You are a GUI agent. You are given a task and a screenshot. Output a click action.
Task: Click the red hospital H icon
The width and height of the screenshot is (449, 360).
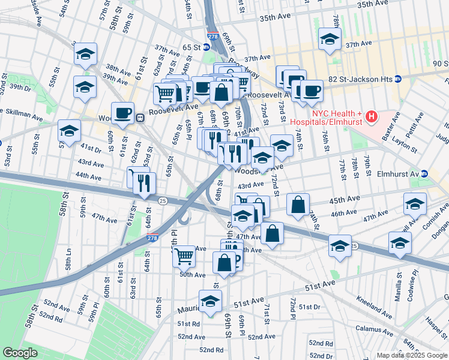(x=372, y=116)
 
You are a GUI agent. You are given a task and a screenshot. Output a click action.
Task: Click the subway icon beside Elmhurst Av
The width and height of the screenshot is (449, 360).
(x=424, y=173)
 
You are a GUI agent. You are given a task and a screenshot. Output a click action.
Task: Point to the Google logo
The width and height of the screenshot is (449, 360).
(x=20, y=353)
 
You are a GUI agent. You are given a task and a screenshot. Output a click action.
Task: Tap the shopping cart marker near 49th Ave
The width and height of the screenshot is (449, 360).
(x=184, y=256)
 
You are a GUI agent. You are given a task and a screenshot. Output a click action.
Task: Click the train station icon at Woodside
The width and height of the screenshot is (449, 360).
(x=139, y=118)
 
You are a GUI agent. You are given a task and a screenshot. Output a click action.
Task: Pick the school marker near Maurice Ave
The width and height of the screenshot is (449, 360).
(x=210, y=301)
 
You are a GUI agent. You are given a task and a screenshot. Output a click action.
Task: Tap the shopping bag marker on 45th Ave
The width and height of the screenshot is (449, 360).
(x=298, y=205)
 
